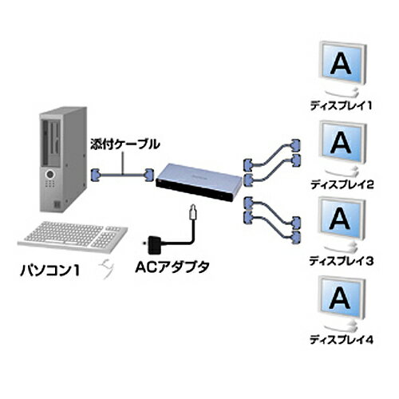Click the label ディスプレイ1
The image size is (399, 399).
[341, 106]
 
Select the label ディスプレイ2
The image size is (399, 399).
[342, 184]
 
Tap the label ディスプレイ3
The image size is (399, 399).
[342, 261]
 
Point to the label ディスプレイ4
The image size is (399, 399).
[342, 340]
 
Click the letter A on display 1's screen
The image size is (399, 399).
[342, 63]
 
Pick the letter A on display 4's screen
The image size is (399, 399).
[340, 297]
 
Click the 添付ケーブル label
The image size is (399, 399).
[125, 144]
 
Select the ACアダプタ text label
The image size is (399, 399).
[172, 267]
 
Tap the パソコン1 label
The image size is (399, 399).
[50, 271]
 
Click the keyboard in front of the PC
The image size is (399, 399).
[73, 236]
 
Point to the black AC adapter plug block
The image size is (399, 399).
[153, 244]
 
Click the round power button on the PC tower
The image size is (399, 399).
[50, 175]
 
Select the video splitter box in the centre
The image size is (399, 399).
[198, 182]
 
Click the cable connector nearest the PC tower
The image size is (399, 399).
[96, 175]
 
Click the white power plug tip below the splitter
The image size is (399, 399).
[193, 212]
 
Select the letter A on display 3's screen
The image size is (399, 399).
[340, 219]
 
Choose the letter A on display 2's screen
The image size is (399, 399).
[341, 142]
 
